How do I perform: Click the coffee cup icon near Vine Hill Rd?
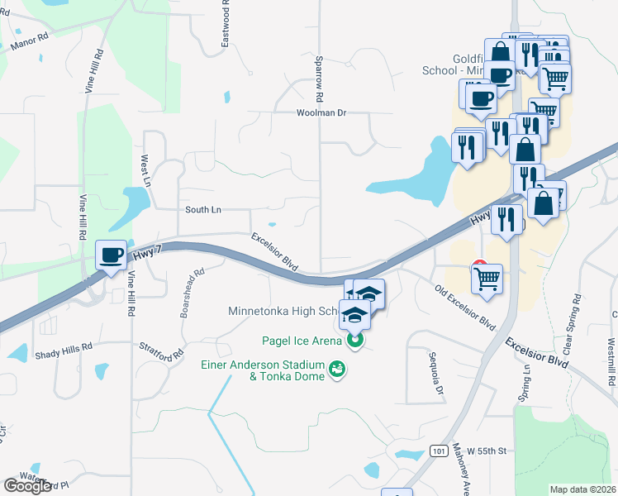tap(111, 255)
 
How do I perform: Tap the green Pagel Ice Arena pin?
tap(356, 340)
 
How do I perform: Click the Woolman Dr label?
tap(322, 113)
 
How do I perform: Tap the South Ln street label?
tap(203, 210)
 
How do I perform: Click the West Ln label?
tap(145, 169)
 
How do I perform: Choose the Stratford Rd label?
tap(161, 352)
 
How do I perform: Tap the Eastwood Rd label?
tap(226, 23)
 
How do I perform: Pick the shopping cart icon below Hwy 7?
tap(487, 279)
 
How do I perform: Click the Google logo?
tap(27, 486)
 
